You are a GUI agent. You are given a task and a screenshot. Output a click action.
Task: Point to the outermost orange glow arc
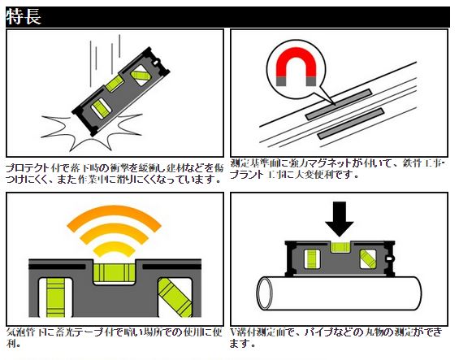point(114,212)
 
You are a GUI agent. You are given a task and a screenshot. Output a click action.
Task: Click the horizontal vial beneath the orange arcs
point(114,271)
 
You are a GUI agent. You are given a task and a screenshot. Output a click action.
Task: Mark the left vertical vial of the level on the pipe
point(310,260)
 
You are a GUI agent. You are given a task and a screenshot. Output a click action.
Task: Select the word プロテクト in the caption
point(28,167)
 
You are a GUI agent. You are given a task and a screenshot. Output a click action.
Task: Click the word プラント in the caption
point(248,175)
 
